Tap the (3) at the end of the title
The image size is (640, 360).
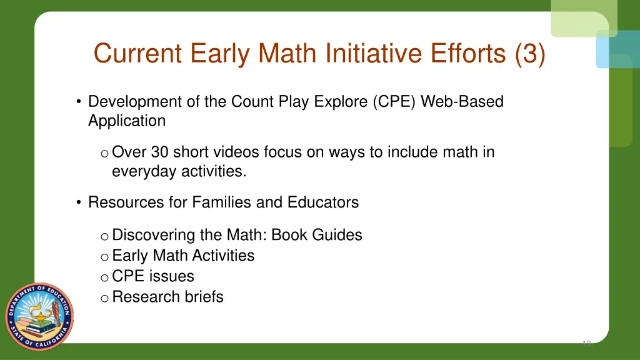(x=531, y=53)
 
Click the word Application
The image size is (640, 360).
(x=127, y=121)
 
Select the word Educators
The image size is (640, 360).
(x=323, y=202)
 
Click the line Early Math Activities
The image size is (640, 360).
(x=183, y=256)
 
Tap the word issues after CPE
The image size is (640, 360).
(x=172, y=276)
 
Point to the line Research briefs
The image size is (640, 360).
(x=167, y=297)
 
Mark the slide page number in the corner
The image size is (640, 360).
(x=586, y=343)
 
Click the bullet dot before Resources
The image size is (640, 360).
(x=79, y=202)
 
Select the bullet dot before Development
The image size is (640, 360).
(x=79, y=102)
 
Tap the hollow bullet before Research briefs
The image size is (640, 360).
(x=104, y=298)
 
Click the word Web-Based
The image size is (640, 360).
(x=462, y=101)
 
